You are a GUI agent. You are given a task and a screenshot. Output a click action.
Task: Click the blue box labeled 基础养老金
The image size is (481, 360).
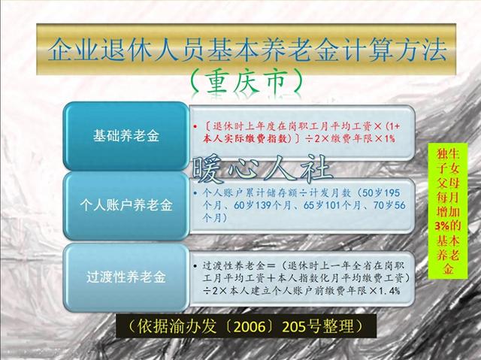tap(126, 136)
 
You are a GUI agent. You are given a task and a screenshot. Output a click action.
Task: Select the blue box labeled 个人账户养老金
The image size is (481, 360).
tap(126, 205)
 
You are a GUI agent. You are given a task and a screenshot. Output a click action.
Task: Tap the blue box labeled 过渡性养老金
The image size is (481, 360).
tap(126, 277)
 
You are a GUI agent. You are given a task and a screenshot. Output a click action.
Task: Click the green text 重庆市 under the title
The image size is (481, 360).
tap(247, 82)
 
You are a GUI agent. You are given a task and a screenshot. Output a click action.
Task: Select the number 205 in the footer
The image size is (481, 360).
tap(294, 327)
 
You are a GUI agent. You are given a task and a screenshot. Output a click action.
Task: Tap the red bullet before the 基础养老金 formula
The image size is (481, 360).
tap(195, 126)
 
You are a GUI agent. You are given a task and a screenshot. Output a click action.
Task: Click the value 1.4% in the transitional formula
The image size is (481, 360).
tap(389, 291)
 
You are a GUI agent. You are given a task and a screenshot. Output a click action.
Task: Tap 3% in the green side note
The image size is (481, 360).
tap(443, 226)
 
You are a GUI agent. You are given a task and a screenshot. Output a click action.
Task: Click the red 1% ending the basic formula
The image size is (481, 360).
tap(389, 138)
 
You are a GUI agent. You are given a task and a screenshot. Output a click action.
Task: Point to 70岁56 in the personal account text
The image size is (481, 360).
tap(389, 205)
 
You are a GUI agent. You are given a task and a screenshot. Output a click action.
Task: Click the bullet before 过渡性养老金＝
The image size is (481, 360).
tap(195, 266)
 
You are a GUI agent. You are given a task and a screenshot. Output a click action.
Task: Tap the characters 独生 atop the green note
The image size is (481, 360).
tap(448, 154)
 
